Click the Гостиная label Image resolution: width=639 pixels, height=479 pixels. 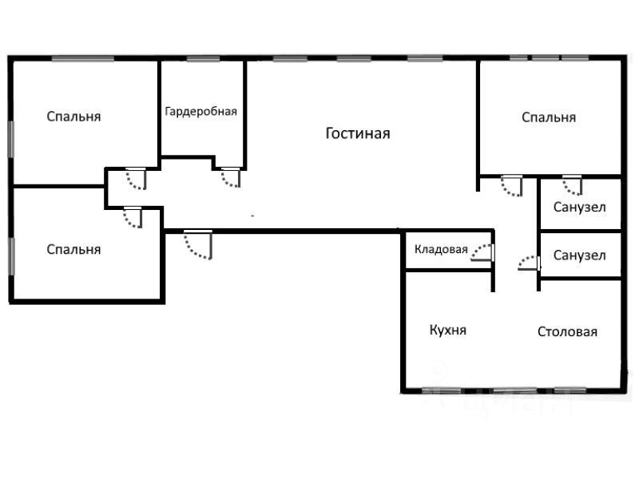[358, 133]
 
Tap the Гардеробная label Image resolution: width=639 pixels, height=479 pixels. [201, 112]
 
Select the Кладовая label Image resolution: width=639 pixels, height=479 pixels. [440, 249]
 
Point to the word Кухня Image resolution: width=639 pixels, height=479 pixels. [447, 330]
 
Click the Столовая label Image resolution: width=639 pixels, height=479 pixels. [567, 332]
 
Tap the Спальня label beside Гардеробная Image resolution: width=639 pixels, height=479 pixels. [73, 117]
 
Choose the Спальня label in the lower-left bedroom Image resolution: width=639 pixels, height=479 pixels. [73, 249]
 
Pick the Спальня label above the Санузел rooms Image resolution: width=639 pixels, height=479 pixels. [549, 117]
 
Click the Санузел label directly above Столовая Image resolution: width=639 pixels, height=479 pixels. [579, 255]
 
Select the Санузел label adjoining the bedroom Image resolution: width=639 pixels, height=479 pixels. [579, 208]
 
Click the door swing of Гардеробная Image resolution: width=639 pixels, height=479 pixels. [231, 177]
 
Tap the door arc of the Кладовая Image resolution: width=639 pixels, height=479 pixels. [482, 253]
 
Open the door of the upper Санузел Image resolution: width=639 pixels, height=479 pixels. [571, 185]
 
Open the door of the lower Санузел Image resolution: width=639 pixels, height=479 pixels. [527, 263]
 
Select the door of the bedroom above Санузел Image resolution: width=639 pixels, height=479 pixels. [511, 186]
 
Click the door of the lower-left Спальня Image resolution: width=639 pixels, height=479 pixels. [133, 217]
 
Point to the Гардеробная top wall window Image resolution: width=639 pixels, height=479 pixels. [203, 59]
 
